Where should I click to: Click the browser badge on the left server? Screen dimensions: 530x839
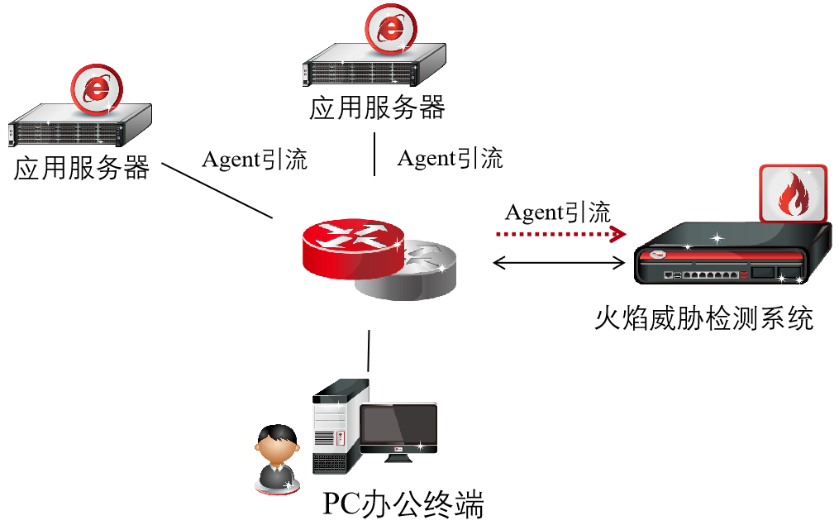(97, 88)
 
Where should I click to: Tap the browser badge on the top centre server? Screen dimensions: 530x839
(391, 29)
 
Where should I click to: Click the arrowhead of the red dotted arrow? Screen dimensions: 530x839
(617, 234)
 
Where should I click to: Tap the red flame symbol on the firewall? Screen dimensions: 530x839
(794, 194)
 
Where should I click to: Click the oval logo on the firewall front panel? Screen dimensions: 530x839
(659, 255)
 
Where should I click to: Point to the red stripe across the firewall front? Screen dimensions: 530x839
(727, 258)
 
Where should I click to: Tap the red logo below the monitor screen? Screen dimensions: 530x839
(398, 450)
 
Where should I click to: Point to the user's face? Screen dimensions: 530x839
(276, 451)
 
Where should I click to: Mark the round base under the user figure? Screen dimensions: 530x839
(277, 490)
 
